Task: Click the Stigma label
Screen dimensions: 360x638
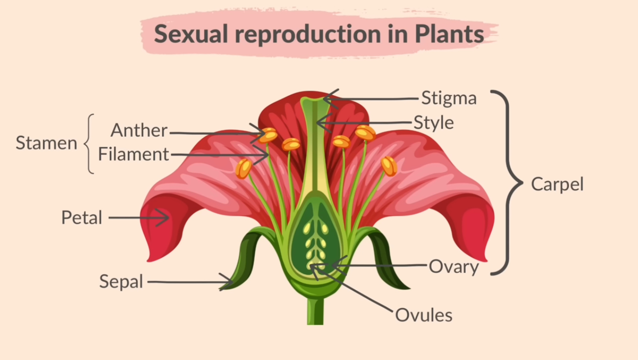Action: pyautogui.click(x=449, y=99)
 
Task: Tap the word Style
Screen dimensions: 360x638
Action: pyautogui.click(x=433, y=123)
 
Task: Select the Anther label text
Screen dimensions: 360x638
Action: pyautogui.click(x=139, y=130)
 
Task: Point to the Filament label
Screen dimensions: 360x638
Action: pyautogui.click(x=133, y=154)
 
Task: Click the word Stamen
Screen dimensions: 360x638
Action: pyautogui.click(x=46, y=143)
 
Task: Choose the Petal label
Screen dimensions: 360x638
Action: pyautogui.click(x=81, y=218)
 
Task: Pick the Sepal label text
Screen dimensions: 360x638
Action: pyautogui.click(x=121, y=281)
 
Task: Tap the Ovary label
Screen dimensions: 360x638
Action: pyautogui.click(x=453, y=267)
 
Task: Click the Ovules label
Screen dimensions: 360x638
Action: pyautogui.click(x=424, y=315)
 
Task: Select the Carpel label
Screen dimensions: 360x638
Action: pyautogui.click(x=557, y=184)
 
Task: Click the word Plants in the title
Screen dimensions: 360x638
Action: pyautogui.click(x=449, y=34)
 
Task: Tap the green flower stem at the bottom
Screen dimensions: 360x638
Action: pyautogui.click(x=315, y=312)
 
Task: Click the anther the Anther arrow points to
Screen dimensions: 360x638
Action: pyautogui.click(x=268, y=135)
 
